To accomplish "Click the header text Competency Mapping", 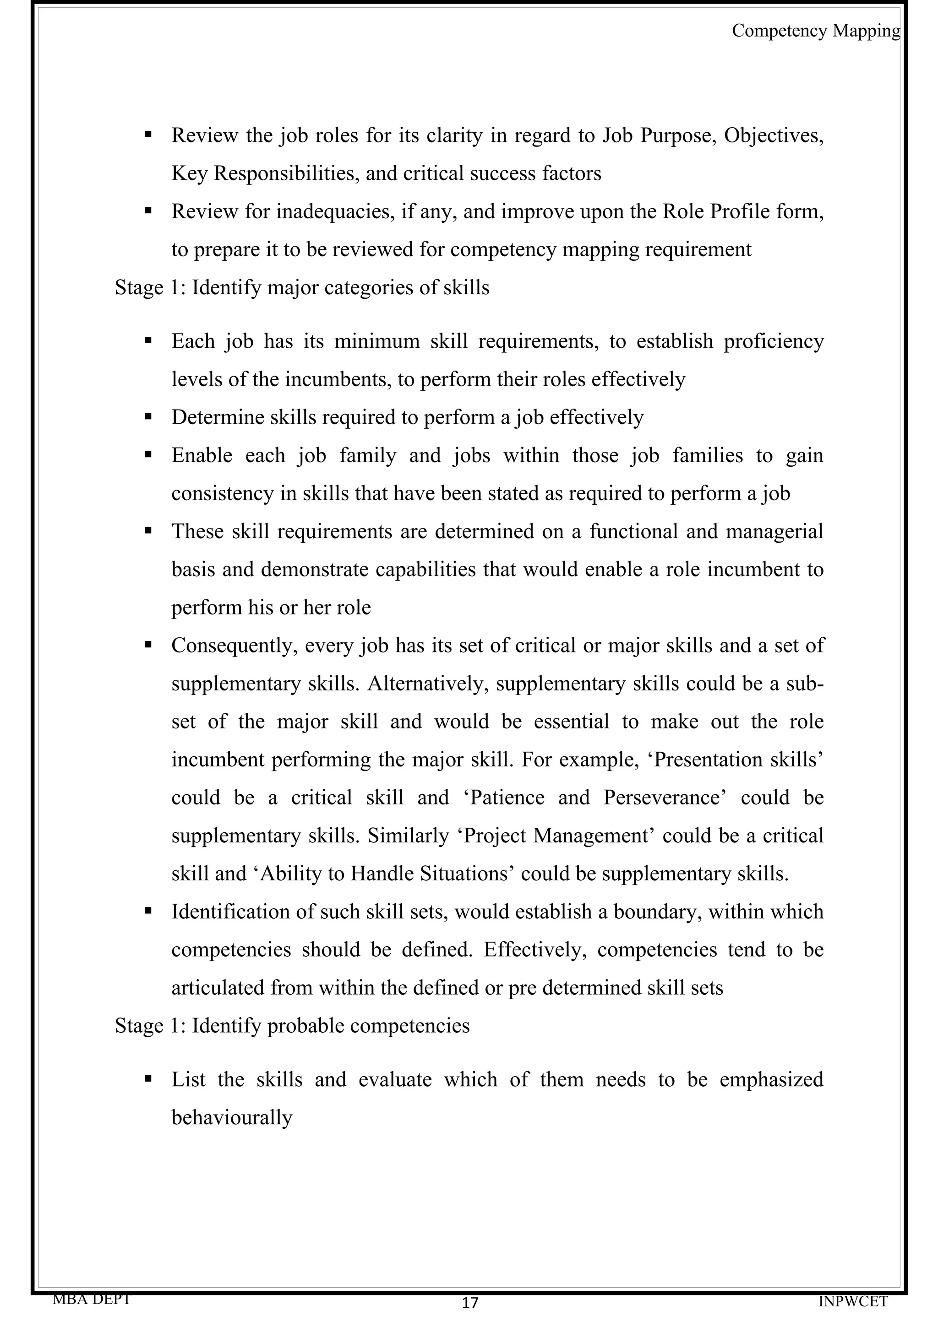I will point(815,31).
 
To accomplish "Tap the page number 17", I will point(470,1303).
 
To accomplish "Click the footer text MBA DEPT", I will point(91,1299).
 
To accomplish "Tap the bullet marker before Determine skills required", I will point(148,415).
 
